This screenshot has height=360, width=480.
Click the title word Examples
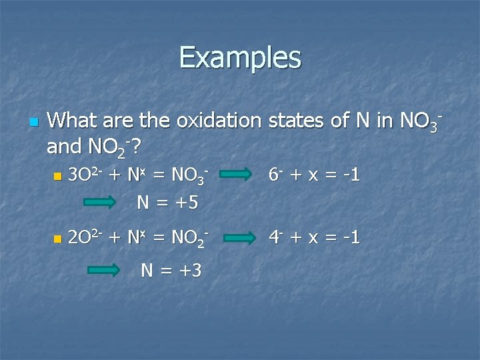pos(240,57)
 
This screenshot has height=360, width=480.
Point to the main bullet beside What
pos(35,123)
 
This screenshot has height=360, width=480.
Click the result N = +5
pos(167,201)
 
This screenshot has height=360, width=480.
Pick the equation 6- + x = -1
pos(315,175)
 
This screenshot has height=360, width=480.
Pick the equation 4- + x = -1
pos(315,237)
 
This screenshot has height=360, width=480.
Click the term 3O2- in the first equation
pos(85,175)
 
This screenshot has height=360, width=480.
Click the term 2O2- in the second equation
pos(85,237)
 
